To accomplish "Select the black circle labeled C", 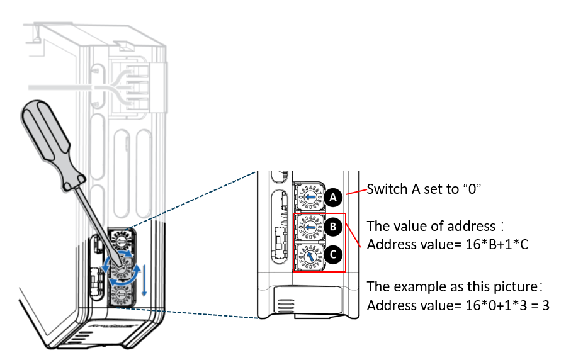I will (334, 255).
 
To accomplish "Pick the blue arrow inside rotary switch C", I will (310, 256).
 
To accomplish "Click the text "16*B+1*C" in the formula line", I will (495, 244).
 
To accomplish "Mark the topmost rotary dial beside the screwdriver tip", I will (121, 239).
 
